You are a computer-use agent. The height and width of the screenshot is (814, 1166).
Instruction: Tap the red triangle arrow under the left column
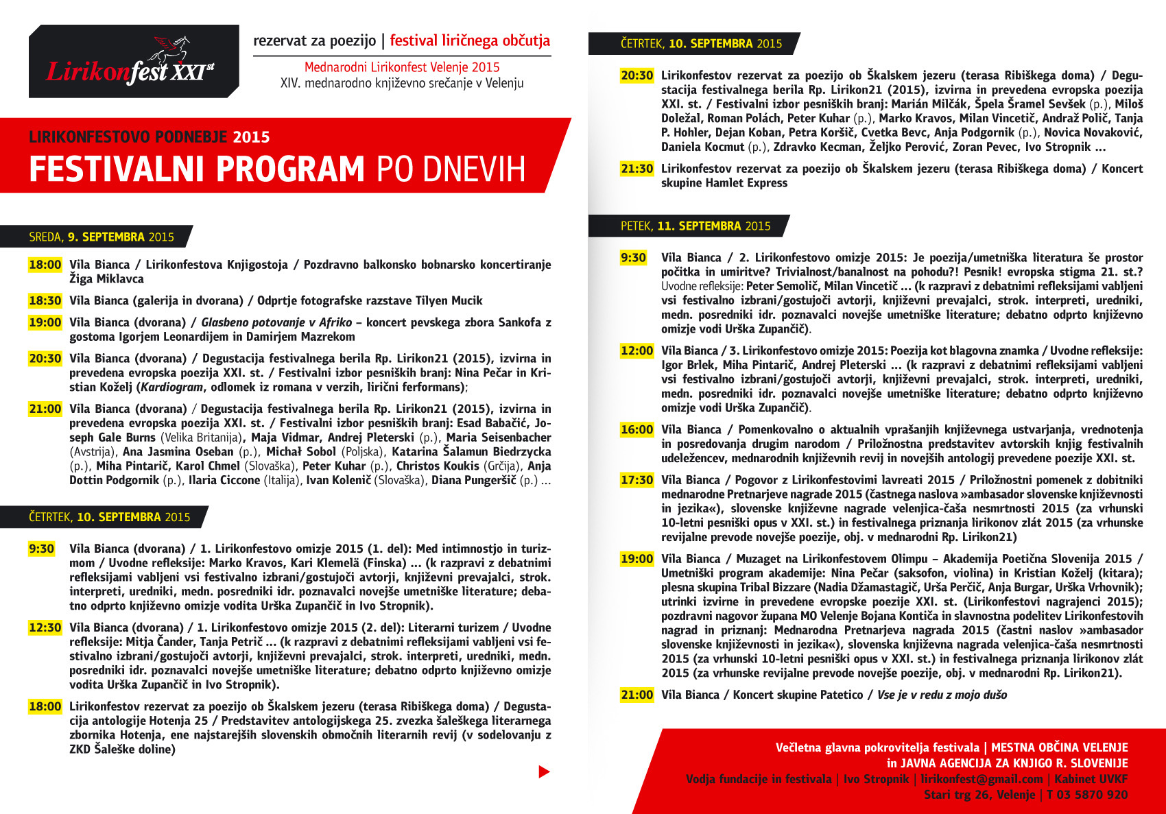click(x=544, y=771)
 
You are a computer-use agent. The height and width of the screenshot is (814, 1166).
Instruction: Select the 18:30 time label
click(x=45, y=300)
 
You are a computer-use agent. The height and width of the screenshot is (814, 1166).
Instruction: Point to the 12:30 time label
click(x=45, y=627)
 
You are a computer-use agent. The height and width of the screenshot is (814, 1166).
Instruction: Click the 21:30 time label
click(x=636, y=169)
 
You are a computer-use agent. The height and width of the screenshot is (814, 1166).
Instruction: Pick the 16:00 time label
click(x=636, y=430)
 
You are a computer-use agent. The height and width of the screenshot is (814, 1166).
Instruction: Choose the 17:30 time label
click(x=636, y=480)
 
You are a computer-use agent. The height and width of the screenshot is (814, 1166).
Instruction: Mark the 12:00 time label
click(x=636, y=351)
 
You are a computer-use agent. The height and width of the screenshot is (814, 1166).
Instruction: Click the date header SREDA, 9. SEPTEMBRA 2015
click(x=102, y=237)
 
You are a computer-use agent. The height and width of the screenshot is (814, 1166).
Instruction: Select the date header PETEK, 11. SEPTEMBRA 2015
click(x=695, y=226)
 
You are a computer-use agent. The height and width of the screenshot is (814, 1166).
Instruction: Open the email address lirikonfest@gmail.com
click(x=981, y=779)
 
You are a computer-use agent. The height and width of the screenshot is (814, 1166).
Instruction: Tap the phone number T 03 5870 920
click(x=1087, y=795)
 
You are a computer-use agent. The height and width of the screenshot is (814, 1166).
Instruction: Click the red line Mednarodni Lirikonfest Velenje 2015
click(x=402, y=67)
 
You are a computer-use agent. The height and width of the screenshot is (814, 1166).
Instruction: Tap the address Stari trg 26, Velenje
click(x=979, y=795)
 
